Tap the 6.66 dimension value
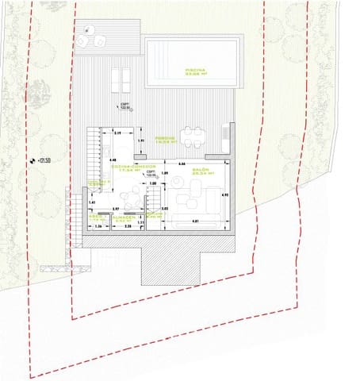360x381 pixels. (x=182, y=164)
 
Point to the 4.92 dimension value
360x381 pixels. (x=224, y=195)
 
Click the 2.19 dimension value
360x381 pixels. (x=117, y=133)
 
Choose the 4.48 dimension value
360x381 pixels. (x=109, y=160)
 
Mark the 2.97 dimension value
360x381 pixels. (x=115, y=208)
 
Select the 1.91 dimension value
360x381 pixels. (x=140, y=141)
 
